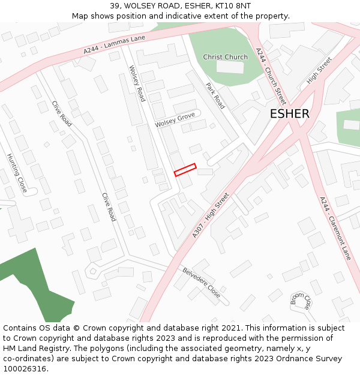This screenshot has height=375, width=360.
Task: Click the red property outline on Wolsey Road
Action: point(185,170)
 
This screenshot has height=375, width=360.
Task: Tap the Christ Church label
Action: point(225,57)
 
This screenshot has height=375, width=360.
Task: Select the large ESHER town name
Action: point(289,113)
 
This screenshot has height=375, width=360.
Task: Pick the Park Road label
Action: point(215,95)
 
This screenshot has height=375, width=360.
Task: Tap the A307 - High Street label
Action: point(211,215)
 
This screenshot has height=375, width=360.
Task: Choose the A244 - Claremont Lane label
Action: point(335,228)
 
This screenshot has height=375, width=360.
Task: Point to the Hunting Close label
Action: point(17,172)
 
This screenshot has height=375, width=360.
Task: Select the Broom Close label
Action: point(301,302)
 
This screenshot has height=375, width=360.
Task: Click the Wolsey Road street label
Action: point(137,83)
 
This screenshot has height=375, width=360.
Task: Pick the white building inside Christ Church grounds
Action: point(230,67)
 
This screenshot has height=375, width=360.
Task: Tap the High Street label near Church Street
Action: point(319,70)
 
